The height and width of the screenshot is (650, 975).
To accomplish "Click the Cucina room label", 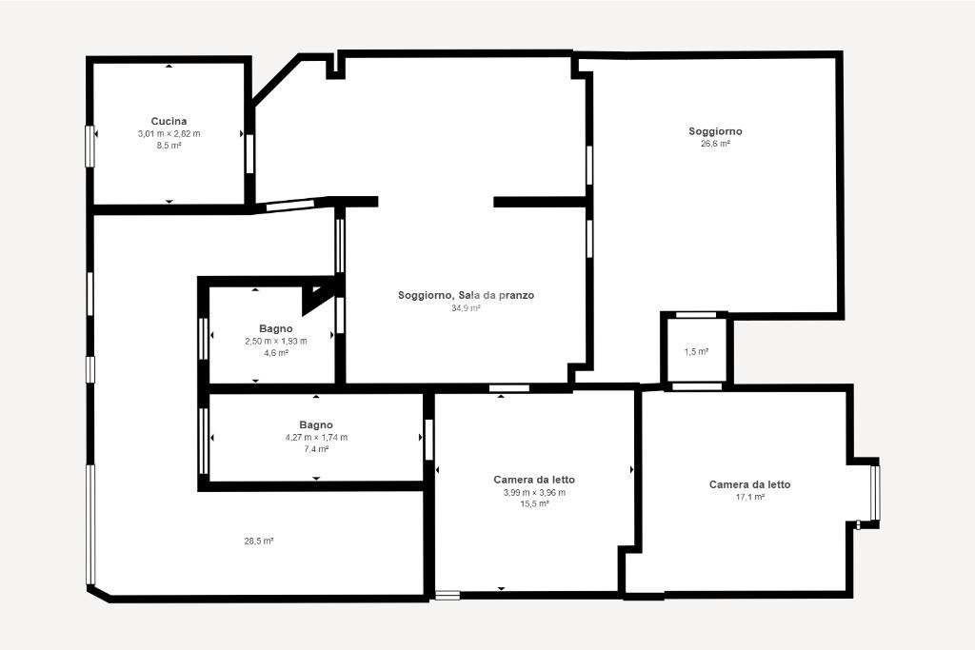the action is click(x=169, y=121).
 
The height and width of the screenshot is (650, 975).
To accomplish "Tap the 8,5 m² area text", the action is click(x=169, y=146).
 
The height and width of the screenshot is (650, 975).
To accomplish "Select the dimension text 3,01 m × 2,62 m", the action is click(x=169, y=133).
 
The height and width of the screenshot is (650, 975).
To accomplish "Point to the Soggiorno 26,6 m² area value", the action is click(x=715, y=144).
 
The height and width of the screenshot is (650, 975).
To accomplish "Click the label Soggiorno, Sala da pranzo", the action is click(x=466, y=295).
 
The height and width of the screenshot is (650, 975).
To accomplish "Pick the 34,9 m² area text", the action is click(x=466, y=307).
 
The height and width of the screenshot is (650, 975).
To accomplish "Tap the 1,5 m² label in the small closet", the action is click(x=696, y=352).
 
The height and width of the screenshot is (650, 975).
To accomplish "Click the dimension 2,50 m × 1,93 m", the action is click(x=275, y=341).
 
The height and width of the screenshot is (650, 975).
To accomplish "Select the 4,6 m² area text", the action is click(x=275, y=353).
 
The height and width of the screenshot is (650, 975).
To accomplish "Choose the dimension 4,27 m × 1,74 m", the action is click(x=316, y=438).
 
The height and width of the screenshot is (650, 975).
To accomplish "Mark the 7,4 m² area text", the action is click(x=316, y=449).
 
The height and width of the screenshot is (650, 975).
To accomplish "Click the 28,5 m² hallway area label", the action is click(x=259, y=542).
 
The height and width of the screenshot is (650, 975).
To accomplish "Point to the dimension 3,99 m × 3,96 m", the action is click(x=534, y=493).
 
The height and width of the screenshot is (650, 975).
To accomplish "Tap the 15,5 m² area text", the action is click(x=534, y=504).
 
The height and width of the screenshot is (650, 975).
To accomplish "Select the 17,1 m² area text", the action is click(x=749, y=497).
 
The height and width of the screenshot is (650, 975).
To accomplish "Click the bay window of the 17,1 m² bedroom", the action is click(x=875, y=493).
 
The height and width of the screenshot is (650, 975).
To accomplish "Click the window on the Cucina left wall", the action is click(x=90, y=146).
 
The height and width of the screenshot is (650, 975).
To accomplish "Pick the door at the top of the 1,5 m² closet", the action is click(x=696, y=315).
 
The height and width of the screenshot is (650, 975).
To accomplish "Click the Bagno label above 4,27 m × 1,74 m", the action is click(x=316, y=425).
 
